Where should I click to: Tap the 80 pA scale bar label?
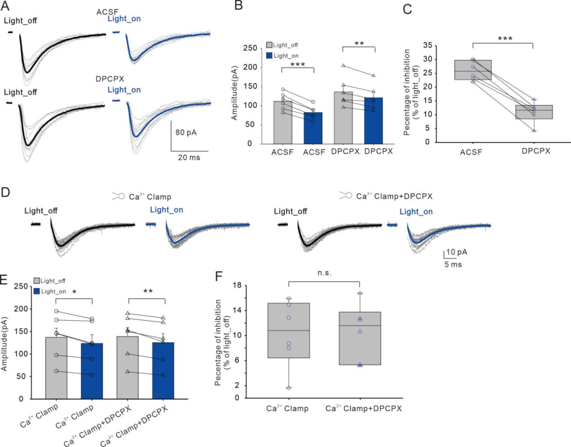pyautogui.click(x=186, y=132)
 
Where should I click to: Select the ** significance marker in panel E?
pyautogui.click(x=149, y=290)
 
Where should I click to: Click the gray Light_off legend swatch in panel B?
pyautogui.click(x=270, y=46)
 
